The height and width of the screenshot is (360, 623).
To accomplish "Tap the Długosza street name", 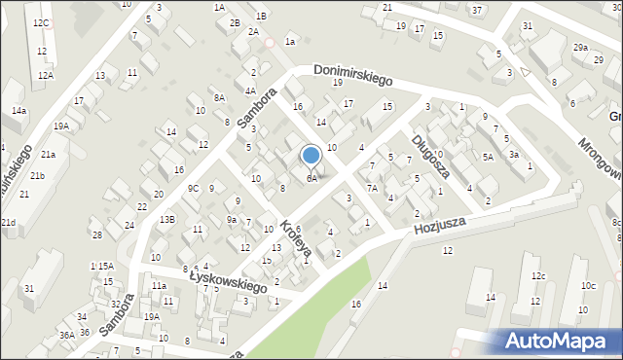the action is (x=429, y=152).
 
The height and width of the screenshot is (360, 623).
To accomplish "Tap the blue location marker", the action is (x=311, y=156).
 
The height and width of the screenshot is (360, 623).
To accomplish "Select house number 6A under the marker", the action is (x=311, y=179).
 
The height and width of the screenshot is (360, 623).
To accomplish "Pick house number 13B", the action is (x=167, y=220).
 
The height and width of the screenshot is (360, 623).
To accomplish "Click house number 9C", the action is (x=194, y=189).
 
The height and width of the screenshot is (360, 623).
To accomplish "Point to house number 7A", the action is (x=371, y=189).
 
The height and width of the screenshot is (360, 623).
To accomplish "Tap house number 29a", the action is (x=580, y=48).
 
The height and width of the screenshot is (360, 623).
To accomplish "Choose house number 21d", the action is (x=8, y=223).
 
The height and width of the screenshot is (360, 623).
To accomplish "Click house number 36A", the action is (x=66, y=335).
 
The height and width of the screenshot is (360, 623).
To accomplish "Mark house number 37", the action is (x=477, y=10).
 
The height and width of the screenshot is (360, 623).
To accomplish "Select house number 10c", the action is (x=588, y=285).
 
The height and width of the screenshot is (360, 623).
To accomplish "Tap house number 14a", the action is (x=18, y=111).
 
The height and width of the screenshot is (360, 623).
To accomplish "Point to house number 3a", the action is (x=513, y=154).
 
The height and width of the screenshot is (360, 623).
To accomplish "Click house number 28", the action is (x=96, y=235).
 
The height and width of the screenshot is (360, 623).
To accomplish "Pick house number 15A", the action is (x=106, y=266).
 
